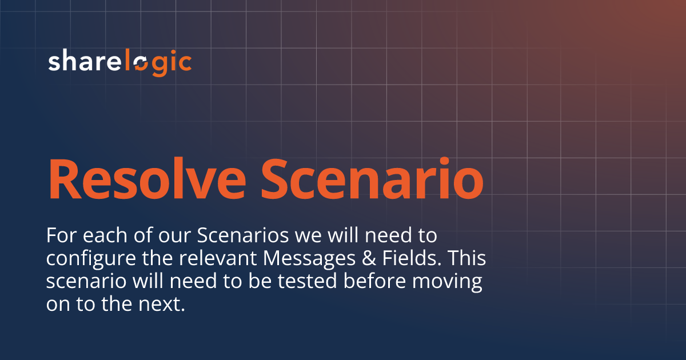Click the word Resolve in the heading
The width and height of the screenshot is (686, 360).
pyautogui.click(x=147, y=178)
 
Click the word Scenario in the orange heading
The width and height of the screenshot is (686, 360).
pyautogui.click(x=372, y=178)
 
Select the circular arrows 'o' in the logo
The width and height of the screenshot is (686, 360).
pyautogui.click(x=141, y=64)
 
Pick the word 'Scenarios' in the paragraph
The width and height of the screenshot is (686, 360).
pyautogui.click(x=243, y=235)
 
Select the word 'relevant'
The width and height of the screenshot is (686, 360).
pyautogui.click(x=218, y=258)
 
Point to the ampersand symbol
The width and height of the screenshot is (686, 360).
pyautogui.click(x=369, y=258)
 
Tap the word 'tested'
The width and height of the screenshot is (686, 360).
pyautogui.click(x=307, y=281)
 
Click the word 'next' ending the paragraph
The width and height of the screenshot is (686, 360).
pyautogui.click(x=162, y=304)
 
